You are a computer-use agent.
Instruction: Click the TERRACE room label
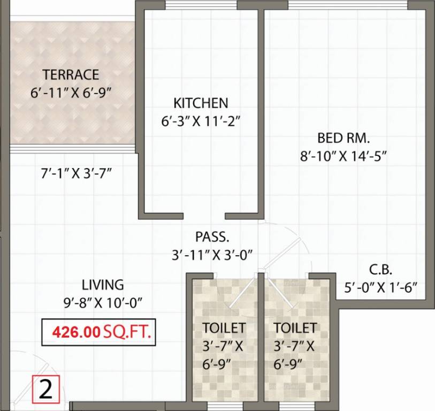(x=71, y=74)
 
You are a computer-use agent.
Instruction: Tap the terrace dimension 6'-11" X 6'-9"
(x=71, y=92)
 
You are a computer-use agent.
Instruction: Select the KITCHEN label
(x=201, y=103)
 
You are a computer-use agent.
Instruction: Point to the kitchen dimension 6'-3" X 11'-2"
(x=201, y=121)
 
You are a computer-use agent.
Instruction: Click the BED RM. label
(x=344, y=138)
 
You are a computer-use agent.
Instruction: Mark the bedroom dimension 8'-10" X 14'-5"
(x=344, y=156)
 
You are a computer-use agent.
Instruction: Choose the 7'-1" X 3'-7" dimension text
(x=79, y=173)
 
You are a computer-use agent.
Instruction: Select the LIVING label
(x=103, y=284)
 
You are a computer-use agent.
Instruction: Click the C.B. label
(x=381, y=269)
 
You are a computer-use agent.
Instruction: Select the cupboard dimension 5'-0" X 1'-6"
(x=380, y=288)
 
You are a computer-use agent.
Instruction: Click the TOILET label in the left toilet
(x=224, y=328)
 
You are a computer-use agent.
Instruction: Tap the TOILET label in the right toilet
(x=295, y=328)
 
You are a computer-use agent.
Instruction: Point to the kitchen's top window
(x=201, y=5)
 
